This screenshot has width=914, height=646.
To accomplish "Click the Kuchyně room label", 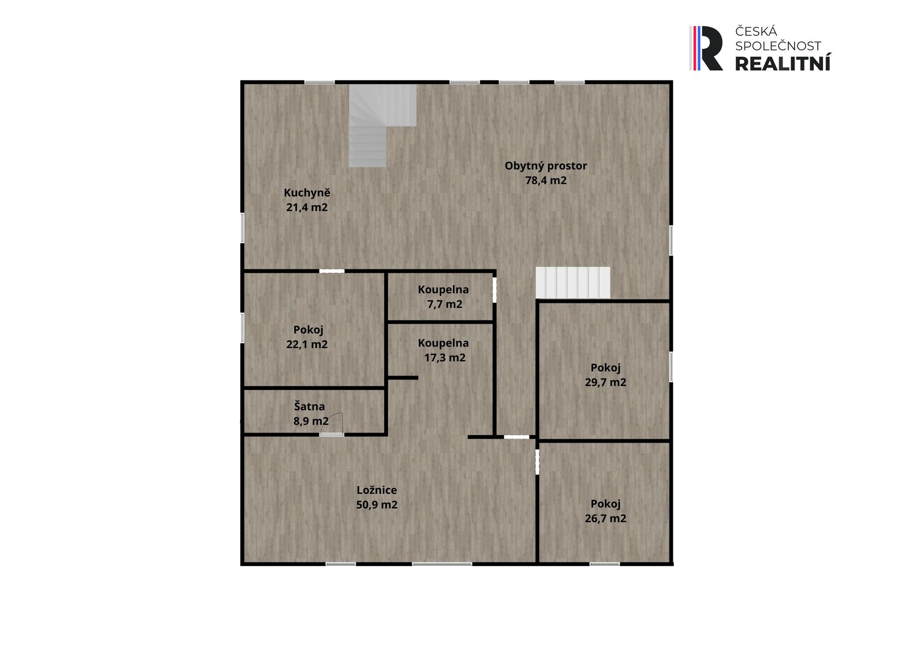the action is coord(307,193).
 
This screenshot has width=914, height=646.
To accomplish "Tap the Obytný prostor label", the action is coord(546,166).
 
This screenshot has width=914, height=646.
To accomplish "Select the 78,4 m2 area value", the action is coord(546,180).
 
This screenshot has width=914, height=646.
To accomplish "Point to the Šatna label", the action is coord(309,406).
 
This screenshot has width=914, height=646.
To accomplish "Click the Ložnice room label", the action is coord(377,490).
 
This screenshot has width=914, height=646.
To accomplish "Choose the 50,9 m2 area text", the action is coord(377,505).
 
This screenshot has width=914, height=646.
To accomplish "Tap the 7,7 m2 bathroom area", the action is coord(445,304).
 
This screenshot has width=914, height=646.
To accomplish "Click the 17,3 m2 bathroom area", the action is coord(445,358).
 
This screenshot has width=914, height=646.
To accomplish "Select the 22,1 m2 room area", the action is coord(307,344).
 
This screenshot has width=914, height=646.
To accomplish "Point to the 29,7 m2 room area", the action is coord(606,382).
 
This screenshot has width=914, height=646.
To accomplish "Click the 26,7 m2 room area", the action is coord(606,518).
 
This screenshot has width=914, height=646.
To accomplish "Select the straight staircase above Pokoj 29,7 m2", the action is coord(573,283).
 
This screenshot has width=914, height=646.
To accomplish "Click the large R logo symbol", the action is coord(706,49).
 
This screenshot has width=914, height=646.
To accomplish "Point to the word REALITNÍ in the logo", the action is coord(783,63).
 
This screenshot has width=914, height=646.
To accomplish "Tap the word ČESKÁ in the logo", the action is coord(756,31).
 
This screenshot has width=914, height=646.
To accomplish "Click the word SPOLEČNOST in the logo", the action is coord(778,46).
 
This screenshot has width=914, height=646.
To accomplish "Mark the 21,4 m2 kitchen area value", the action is coord(307,208).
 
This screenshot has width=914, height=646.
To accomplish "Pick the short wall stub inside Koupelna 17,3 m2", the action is coord(403,378).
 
